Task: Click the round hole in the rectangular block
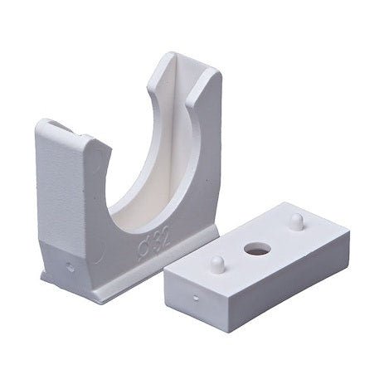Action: click(258, 248)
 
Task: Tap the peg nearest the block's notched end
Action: click(217, 265)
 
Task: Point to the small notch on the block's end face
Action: click(196, 298)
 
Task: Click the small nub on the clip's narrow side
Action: click(70, 267)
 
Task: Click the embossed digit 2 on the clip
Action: click(165, 238)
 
